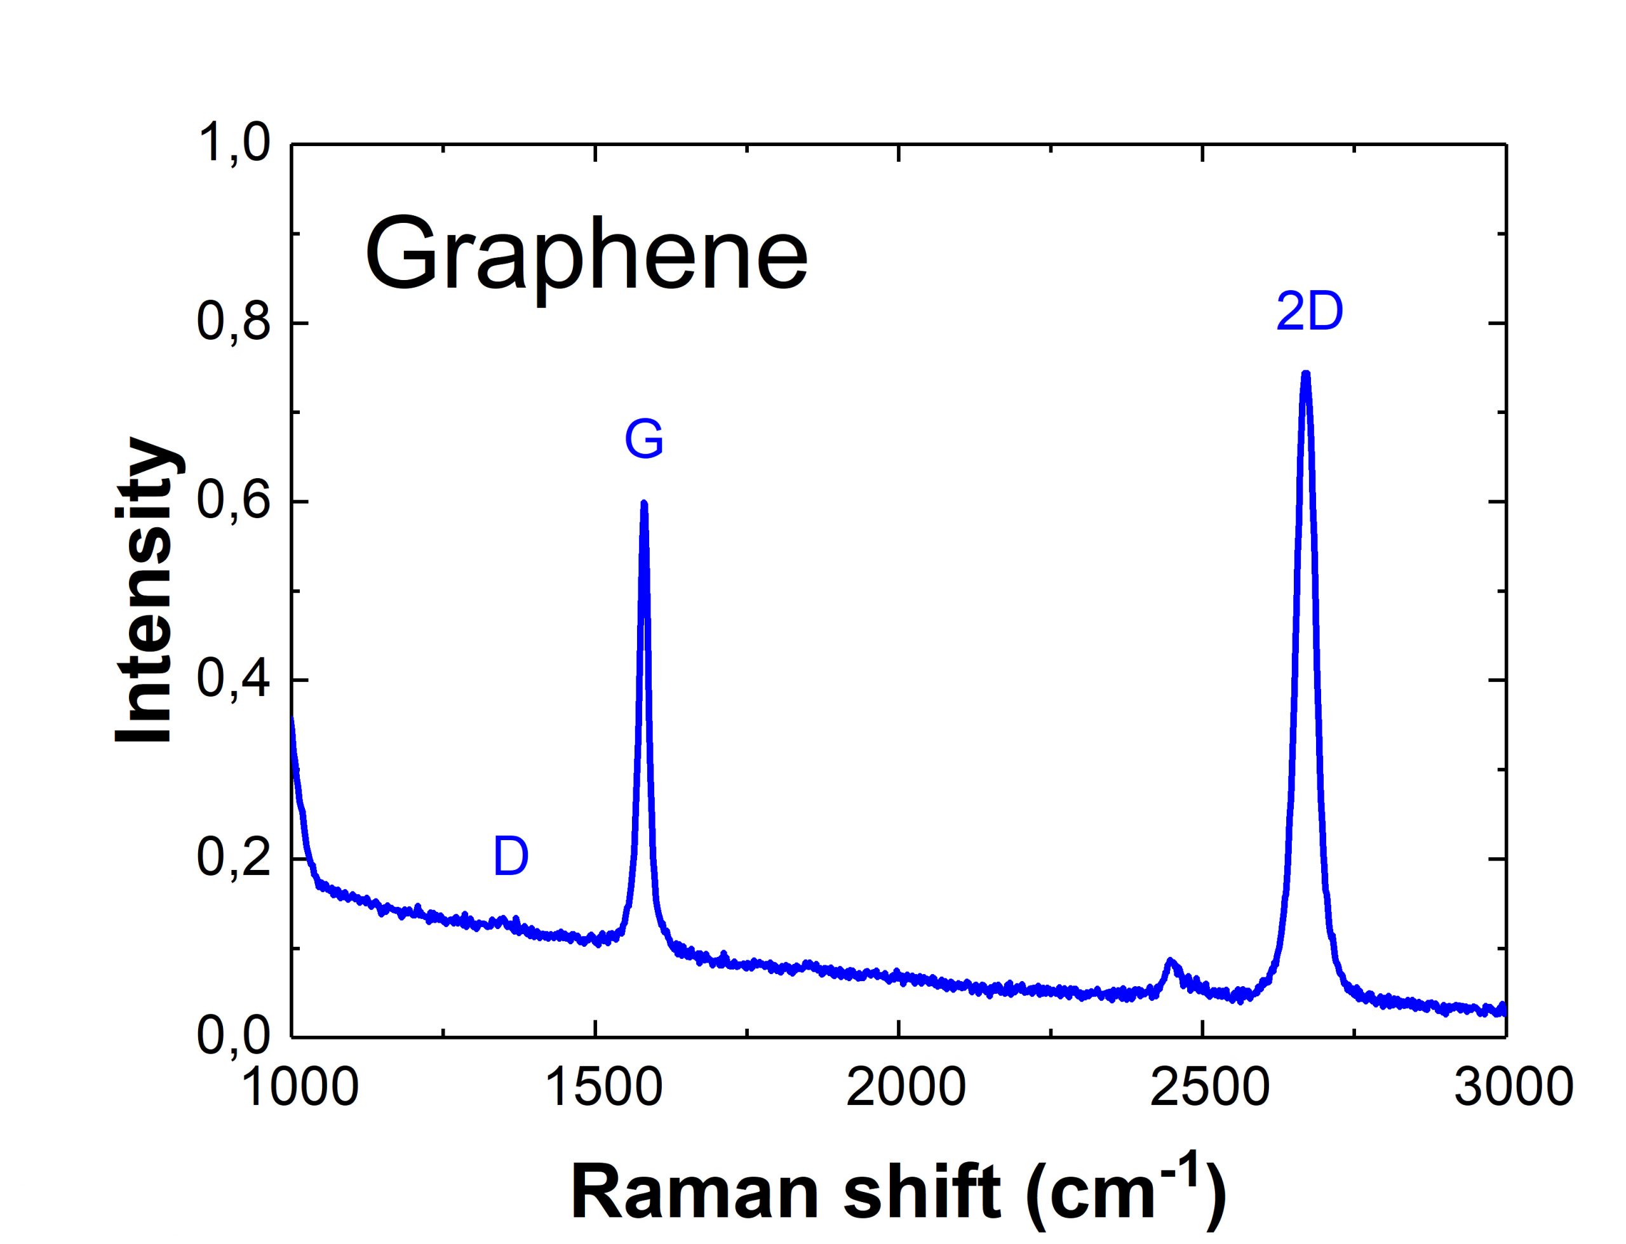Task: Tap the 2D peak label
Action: pyautogui.click(x=1309, y=312)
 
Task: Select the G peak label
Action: pyautogui.click(x=643, y=440)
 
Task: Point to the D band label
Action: pyautogui.click(x=511, y=857)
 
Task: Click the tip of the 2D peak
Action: pyautogui.click(x=1306, y=375)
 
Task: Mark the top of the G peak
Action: pyautogui.click(x=643, y=504)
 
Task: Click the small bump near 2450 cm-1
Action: pyautogui.click(x=1170, y=962)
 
